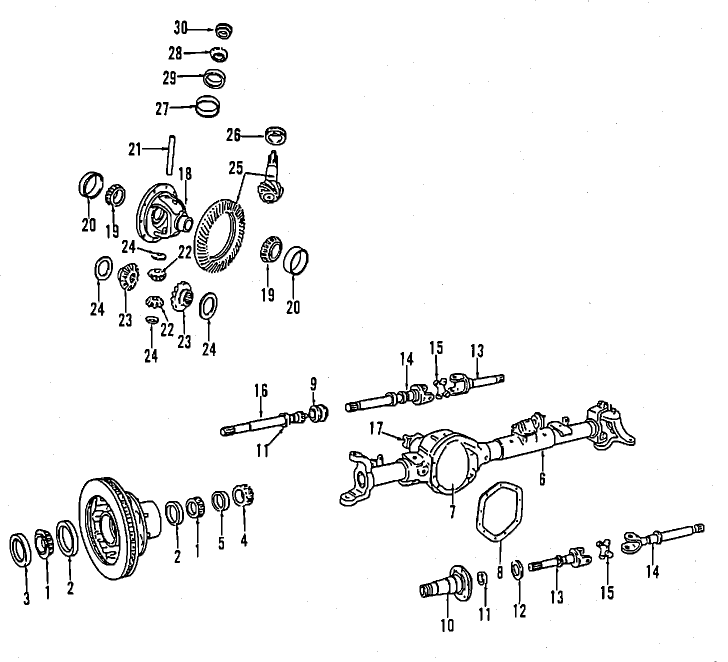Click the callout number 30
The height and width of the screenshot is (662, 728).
click(180, 28)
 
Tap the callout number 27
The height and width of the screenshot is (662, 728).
click(162, 108)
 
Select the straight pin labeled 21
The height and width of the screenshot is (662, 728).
click(170, 155)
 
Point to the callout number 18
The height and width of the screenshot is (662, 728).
click(185, 174)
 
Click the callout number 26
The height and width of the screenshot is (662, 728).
click(233, 135)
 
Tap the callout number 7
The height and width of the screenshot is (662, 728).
click(452, 511)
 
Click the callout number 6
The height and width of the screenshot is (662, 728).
click(542, 478)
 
